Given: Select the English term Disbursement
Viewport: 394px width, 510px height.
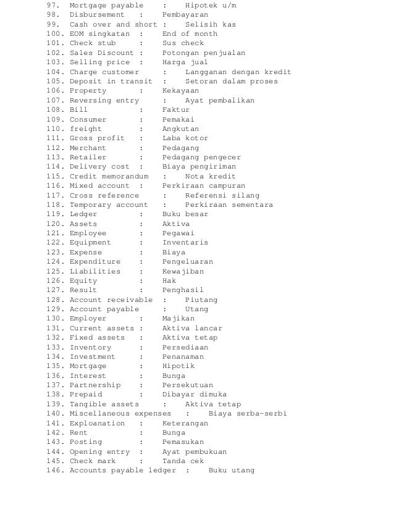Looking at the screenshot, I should click(96, 15).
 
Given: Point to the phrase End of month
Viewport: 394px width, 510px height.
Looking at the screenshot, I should click(190, 34).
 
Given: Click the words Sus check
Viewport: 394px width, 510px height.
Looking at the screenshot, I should click(183, 43).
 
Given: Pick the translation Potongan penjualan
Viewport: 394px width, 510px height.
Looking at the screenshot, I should click(203, 53).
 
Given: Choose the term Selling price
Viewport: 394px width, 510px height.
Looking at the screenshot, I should click(99, 62).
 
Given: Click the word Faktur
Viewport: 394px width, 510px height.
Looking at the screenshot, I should click(176, 110).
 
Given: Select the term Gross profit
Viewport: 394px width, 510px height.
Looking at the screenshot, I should click(97, 138).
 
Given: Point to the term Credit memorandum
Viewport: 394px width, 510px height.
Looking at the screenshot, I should click(109, 177).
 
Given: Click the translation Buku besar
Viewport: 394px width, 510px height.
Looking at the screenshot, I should click(185, 214).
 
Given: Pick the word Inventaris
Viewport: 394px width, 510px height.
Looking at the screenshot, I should click(185, 243).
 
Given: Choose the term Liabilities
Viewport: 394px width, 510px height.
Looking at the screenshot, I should click(95, 271).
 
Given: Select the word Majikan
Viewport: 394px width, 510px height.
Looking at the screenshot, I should click(178, 319).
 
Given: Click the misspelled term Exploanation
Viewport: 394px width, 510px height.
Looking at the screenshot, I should click(97, 424).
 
